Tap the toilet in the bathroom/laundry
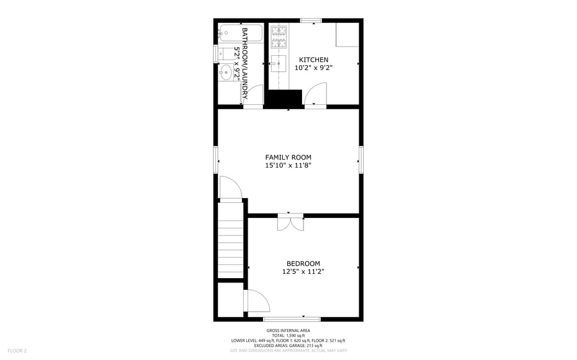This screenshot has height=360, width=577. pyautogui.click(x=228, y=54)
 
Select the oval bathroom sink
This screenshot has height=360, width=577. pyautogui.click(x=226, y=72)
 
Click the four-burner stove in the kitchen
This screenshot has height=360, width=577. pyautogui.click(x=279, y=37)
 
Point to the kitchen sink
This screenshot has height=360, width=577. pyautogui.click(x=279, y=64)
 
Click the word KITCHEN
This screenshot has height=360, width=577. pyautogui.click(x=313, y=60)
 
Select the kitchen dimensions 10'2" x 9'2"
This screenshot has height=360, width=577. pyautogui.click(x=313, y=68)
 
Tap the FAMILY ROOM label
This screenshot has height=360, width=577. pyautogui.click(x=288, y=158)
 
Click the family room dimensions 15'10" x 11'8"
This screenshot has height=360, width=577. pyautogui.click(x=288, y=166)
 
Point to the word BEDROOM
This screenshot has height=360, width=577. pyautogui.click(x=303, y=264)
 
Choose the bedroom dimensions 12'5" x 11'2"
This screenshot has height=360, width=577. pyautogui.click(x=303, y=272)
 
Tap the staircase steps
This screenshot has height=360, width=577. pyautogui.click(x=231, y=240)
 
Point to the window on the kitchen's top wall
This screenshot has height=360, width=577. pyautogui.click(x=311, y=20)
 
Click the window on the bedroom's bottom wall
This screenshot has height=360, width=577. pyautogui.click(x=292, y=319)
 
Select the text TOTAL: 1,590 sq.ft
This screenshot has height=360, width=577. pyautogui.click(x=288, y=336)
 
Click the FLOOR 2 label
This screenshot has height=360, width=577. pyautogui.click(x=17, y=351)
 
